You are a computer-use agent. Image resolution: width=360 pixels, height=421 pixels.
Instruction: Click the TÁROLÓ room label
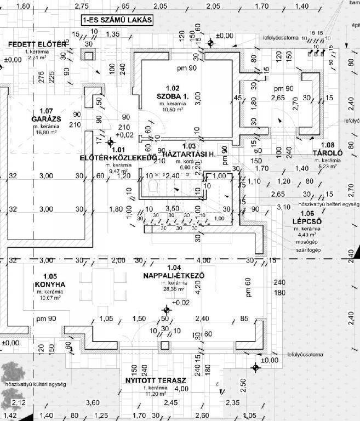tap(327, 153)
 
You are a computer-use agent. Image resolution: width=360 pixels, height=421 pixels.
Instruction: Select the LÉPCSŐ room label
tap(303, 221)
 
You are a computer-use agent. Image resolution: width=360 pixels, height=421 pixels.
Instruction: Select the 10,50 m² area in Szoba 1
tap(173, 109)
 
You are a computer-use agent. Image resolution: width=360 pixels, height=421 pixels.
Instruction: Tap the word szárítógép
tap(308, 250)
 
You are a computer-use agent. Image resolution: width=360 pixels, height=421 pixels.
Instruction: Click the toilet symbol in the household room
tap(154, 187)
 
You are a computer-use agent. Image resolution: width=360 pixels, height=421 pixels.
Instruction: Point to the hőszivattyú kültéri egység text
tap(35, 384)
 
